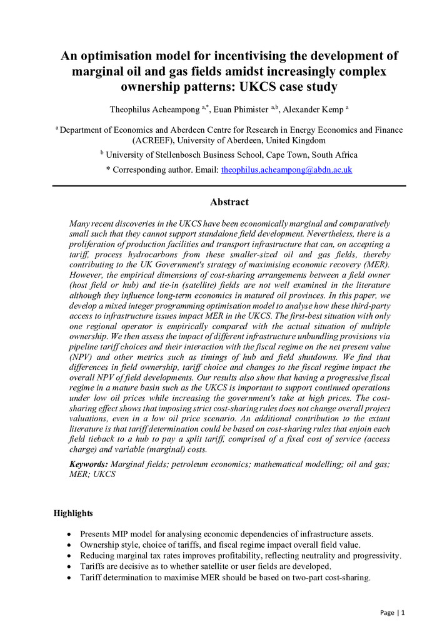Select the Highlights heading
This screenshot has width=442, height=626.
pos(73,513)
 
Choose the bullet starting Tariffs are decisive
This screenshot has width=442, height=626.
pos(209,567)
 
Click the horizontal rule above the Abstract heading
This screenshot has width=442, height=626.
pos(229,186)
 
